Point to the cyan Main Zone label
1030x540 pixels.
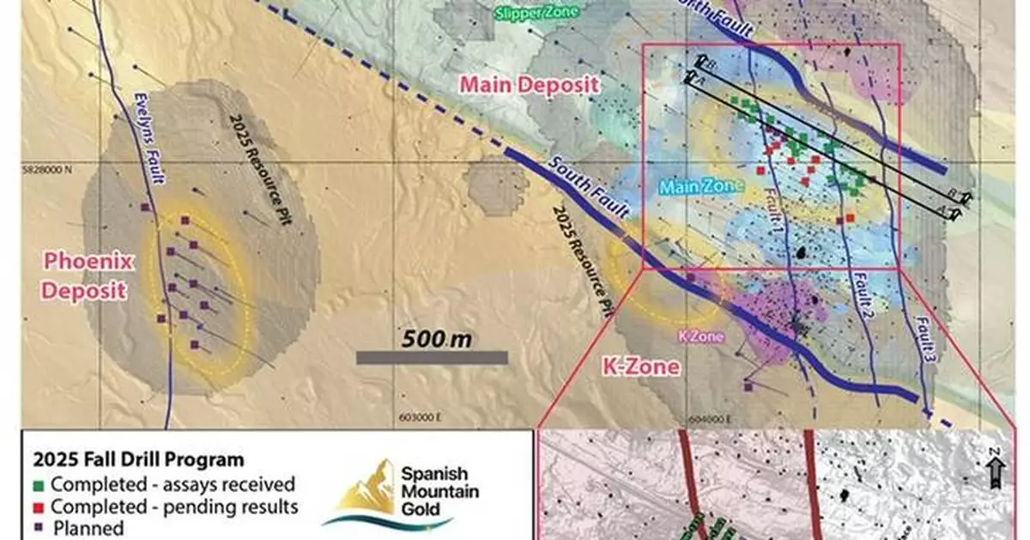point(693,186)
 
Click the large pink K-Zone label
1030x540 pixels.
point(644,368)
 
